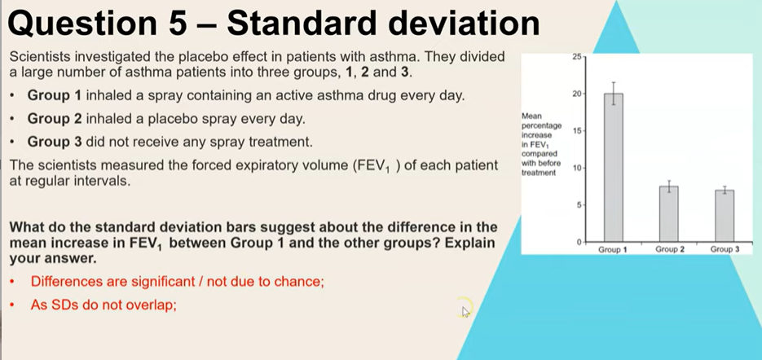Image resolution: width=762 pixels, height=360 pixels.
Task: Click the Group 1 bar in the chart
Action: (x=614, y=167)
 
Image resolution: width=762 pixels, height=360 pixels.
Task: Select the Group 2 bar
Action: (x=669, y=213)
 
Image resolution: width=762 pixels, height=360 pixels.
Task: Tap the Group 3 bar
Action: (x=725, y=216)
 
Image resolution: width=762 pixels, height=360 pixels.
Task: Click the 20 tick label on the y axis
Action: (x=577, y=94)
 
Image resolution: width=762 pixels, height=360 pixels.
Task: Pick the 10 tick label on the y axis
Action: (x=577, y=168)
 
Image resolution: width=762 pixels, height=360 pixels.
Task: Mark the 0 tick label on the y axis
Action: (x=579, y=242)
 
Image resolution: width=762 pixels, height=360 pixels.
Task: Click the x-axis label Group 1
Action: (x=613, y=250)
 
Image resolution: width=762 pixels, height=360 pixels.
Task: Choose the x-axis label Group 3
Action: (x=725, y=249)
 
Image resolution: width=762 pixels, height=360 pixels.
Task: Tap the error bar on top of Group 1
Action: (x=614, y=94)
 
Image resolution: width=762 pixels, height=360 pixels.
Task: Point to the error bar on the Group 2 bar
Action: (x=669, y=186)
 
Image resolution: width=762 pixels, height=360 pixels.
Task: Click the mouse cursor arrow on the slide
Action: (x=465, y=311)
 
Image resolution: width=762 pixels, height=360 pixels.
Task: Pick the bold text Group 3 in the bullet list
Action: (x=55, y=143)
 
